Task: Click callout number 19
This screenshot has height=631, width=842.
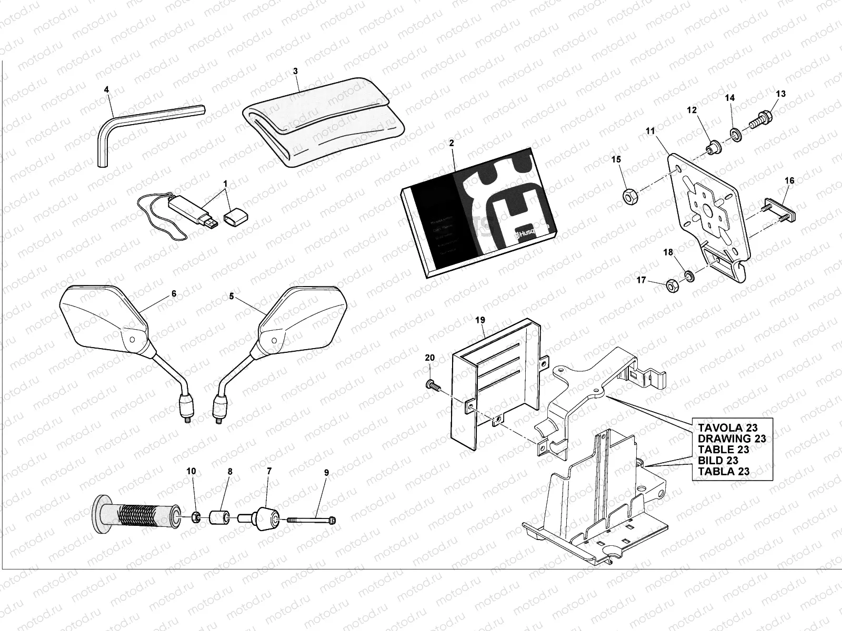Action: click(479, 319)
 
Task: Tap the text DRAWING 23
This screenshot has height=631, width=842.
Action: click(731, 438)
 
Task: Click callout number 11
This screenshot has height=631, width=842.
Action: click(651, 131)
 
